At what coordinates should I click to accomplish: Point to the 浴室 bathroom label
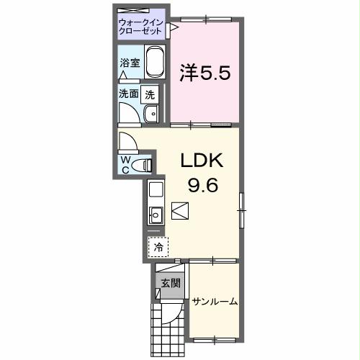click(x=130, y=63)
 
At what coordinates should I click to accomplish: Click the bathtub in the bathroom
click(x=156, y=64)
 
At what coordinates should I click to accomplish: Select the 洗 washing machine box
click(x=149, y=94)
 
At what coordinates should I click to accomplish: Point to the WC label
click(x=126, y=163)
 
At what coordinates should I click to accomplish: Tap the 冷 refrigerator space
click(x=157, y=246)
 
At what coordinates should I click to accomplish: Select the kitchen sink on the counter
click(x=156, y=213)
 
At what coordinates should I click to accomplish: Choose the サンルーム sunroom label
click(x=215, y=301)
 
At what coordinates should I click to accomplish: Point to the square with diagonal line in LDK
click(x=180, y=212)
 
